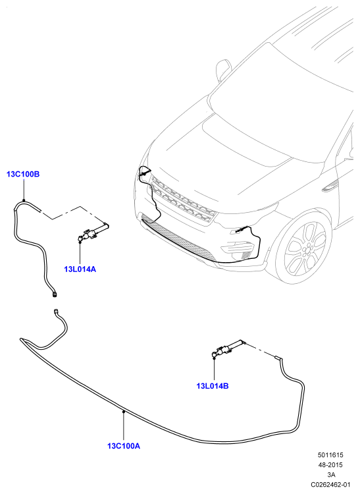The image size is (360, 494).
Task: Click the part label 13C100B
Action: click(23, 174)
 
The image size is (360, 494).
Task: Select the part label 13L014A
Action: click(80, 269)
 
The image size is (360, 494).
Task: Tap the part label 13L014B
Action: click(213, 385)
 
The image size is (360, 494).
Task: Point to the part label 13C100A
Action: click(124, 446)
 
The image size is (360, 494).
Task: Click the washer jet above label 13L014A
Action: click(93, 233)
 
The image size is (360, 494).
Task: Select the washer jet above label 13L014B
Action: click(229, 348)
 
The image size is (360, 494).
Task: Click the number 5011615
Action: click(330, 455)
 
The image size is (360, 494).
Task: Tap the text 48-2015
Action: click(330, 465)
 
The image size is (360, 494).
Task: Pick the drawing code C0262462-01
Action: click(331, 484)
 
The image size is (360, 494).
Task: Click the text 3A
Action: click(331, 474)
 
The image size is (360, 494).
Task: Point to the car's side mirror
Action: click(222, 70)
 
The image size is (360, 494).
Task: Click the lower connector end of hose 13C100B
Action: click(55, 294)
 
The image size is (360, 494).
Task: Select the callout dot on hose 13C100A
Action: click(124, 412)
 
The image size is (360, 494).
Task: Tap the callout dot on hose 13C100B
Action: click(24, 200)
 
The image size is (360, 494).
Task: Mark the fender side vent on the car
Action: click(330, 186)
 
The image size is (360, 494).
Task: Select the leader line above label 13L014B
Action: click(214, 369)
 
